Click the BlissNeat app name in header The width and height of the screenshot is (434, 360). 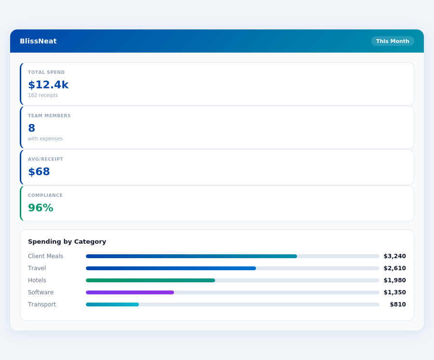tap(38, 41)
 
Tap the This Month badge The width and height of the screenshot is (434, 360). tap(393, 41)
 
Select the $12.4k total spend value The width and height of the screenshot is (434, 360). tap(48, 85)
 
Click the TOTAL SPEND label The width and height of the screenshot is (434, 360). tap(46, 72)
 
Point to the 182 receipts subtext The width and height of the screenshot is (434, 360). tap(43, 96)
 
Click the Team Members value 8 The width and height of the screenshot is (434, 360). tap(32, 128)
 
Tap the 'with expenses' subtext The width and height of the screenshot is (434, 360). tap(45, 139)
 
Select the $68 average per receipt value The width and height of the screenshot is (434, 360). tap(39, 172)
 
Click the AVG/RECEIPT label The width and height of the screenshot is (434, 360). tap(46, 159)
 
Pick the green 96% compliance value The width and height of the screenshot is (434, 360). tap(41, 208)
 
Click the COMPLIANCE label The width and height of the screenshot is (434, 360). tap(45, 195)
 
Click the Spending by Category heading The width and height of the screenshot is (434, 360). tap(67, 242)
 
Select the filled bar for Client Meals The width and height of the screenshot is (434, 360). tap(191, 256)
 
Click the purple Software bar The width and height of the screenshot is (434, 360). tap(130, 292)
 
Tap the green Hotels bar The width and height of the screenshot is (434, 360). tap(150, 280)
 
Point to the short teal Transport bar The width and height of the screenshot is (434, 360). tap(112, 305)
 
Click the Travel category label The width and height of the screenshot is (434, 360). tap(37, 268)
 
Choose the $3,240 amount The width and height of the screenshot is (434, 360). tap(394, 256)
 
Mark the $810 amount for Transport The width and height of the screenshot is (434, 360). tap(398, 305)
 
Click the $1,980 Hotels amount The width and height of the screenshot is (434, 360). tap(394, 280)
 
